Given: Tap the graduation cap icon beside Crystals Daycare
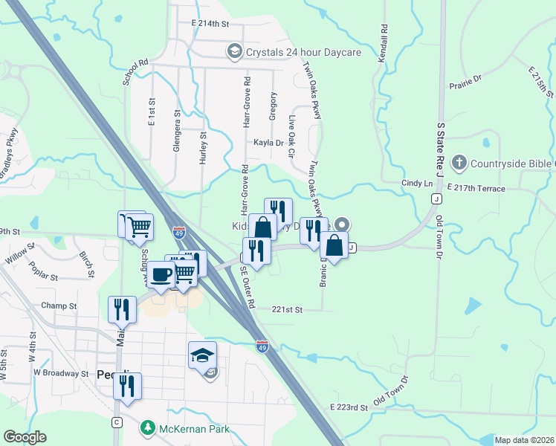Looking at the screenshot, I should click(x=234, y=51).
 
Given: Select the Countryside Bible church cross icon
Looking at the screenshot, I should click(x=459, y=162).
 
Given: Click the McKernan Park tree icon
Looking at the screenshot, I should click(x=147, y=428).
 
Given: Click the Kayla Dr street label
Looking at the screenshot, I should click(x=268, y=143).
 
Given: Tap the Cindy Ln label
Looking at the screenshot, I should click(x=416, y=183).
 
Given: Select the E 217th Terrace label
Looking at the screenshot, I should click(x=476, y=189).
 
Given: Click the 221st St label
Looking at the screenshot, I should click(x=288, y=309).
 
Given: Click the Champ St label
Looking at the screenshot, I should click(x=59, y=306).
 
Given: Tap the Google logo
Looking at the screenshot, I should click(x=25, y=437).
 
